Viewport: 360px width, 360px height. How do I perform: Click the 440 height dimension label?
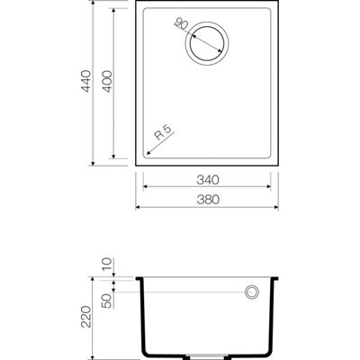pyautogui.click(x=86, y=81)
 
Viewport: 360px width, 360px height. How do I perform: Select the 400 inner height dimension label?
pyautogui.click(x=107, y=81)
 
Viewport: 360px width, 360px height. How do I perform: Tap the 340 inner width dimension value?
pyautogui.click(x=208, y=180)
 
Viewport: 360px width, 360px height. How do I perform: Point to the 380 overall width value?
pyautogui.click(x=208, y=200)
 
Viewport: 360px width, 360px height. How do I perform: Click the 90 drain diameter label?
pyautogui.click(x=182, y=23)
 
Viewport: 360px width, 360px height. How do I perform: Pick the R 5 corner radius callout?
pyautogui.click(x=163, y=133)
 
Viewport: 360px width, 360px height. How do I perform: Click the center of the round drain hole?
pyautogui.click(x=207, y=43)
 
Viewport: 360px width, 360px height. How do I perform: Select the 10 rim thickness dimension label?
pyautogui.click(x=107, y=264)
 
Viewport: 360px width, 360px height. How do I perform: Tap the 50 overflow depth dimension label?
pyautogui.click(x=107, y=301)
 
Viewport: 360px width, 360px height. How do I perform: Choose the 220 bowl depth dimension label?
pyautogui.click(x=86, y=317)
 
